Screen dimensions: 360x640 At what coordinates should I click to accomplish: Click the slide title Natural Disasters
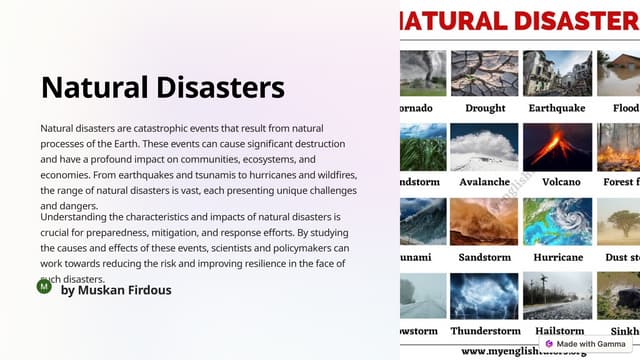[163, 87]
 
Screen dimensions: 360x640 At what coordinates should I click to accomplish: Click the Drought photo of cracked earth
[485, 73]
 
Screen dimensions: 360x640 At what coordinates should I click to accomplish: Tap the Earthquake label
[559, 108]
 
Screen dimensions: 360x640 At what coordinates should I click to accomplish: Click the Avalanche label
[485, 183]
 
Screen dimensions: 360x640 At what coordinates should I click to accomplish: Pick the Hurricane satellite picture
[560, 222]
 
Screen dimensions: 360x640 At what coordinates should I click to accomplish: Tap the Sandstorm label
[485, 257]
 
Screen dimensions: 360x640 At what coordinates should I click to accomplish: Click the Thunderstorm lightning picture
[485, 296]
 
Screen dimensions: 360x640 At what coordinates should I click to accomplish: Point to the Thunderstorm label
[485, 331]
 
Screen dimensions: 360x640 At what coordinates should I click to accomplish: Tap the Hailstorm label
[560, 331]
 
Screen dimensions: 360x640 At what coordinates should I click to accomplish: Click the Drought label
[485, 108]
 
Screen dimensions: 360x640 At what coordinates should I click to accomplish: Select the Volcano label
[560, 183]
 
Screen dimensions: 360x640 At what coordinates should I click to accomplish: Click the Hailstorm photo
[560, 296]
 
